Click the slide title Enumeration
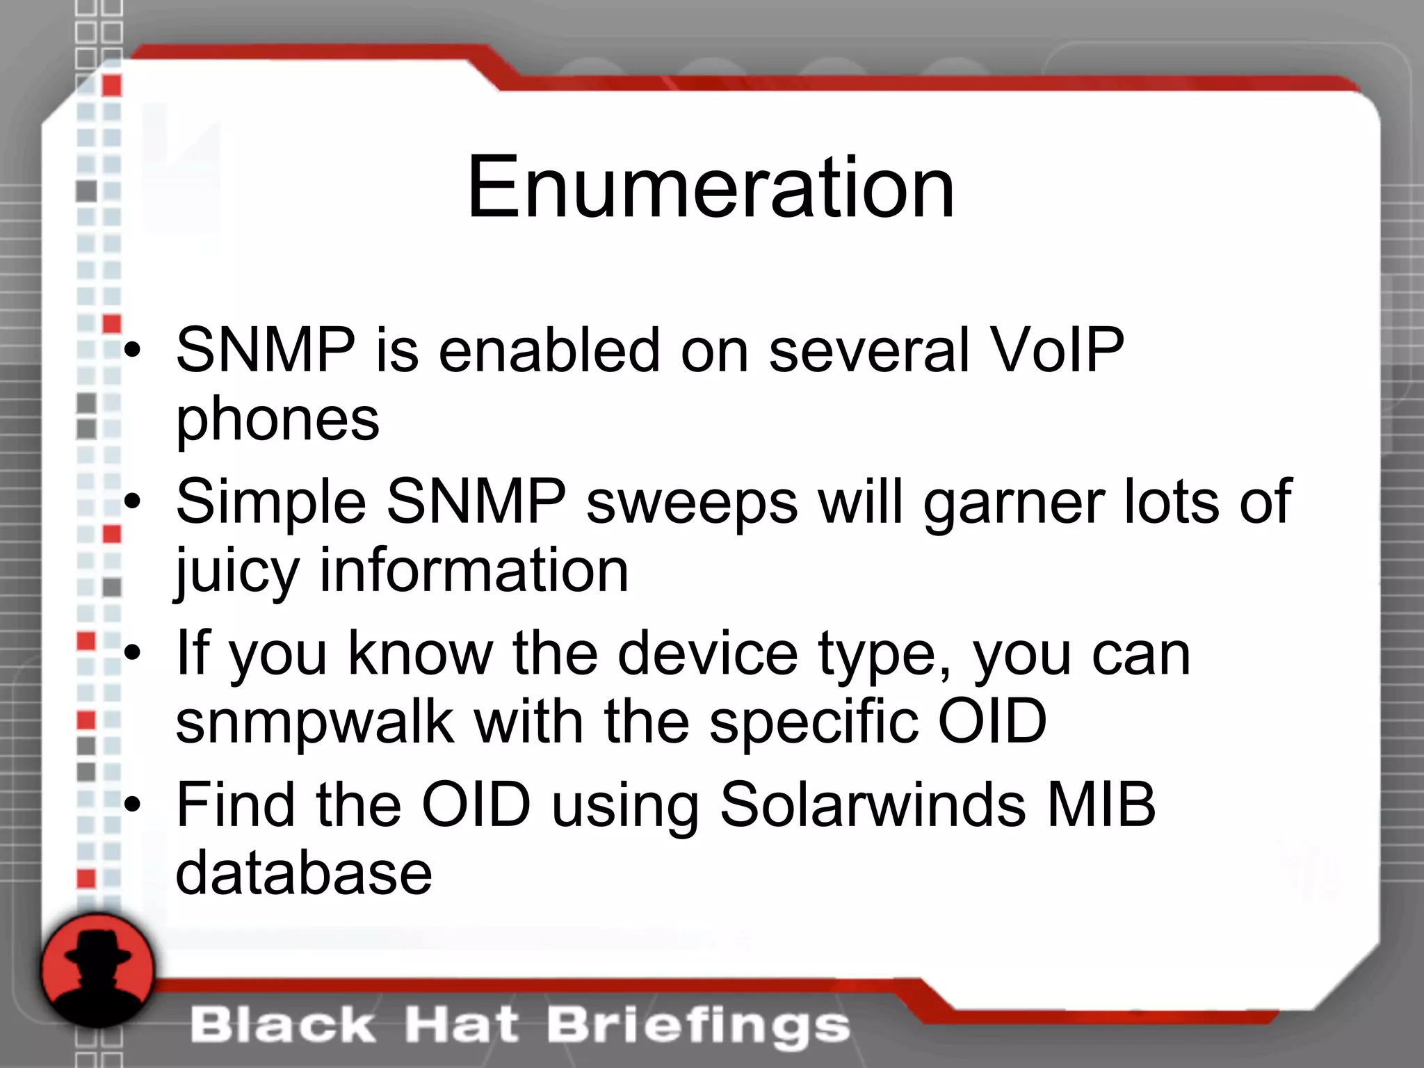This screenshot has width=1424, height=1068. pos(711,188)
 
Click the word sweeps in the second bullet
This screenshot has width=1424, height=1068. pos(692,502)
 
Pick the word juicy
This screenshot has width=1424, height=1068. pos(237,572)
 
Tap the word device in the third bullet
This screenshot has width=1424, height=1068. pos(707,654)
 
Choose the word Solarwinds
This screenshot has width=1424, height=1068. pos(873,804)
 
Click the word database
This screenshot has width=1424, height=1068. pos(304,873)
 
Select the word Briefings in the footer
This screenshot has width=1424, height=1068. pos(698,1026)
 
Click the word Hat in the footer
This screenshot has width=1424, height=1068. pos(462,1026)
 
